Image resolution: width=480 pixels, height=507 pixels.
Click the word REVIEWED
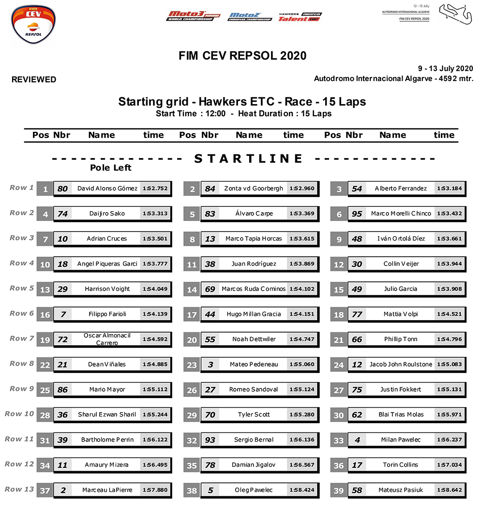(34, 79)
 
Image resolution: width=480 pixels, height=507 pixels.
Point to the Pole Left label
(111, 168)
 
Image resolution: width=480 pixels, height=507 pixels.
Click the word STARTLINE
(249, 158)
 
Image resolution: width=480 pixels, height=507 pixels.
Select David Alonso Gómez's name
(107, 188)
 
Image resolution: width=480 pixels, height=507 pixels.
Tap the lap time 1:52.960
(302, 188)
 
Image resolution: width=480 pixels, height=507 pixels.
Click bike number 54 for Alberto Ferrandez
(357, 189)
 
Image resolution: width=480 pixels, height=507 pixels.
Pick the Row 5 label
(22, 288)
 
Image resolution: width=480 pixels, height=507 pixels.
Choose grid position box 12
(339, 264)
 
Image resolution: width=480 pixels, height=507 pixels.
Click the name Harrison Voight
(107, 289)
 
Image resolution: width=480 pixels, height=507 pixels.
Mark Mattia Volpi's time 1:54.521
(450, 314)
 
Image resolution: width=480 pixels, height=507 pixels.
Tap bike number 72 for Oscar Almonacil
(62, 339)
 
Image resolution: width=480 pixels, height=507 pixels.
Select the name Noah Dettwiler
(254, 339)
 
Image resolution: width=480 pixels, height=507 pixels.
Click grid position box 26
(192, 390)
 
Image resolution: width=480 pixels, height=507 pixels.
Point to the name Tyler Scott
(254, 415)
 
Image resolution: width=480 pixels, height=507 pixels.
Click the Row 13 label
(20, 489)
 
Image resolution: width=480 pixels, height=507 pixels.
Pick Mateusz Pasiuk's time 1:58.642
(450, 490)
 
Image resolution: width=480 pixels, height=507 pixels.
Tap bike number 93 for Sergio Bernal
(210, 440)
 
